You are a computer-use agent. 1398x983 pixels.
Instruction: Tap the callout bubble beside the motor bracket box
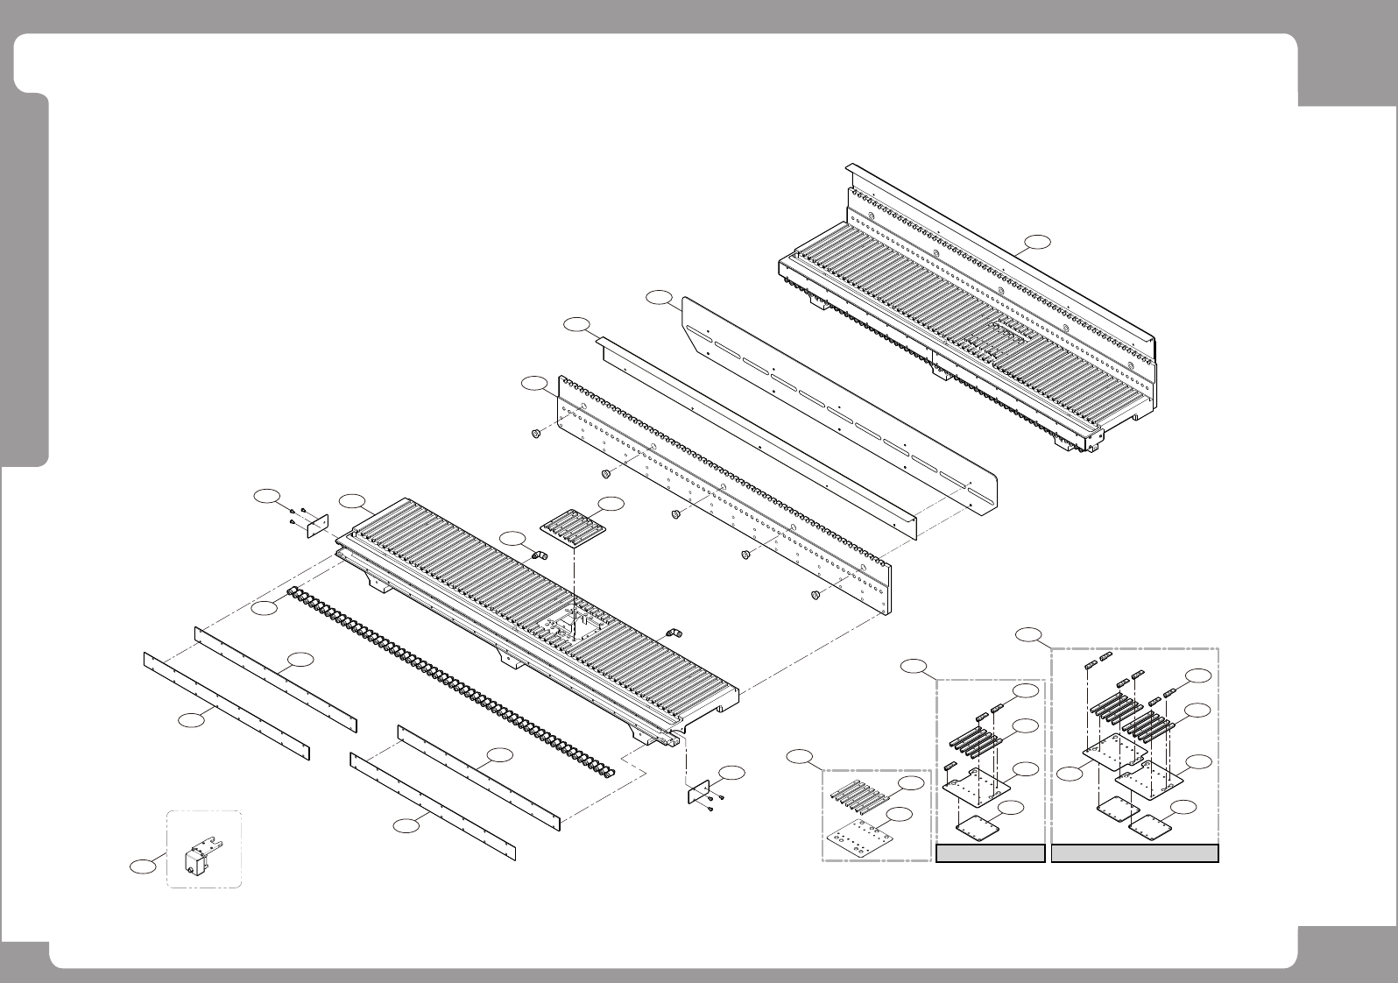coord(140,866)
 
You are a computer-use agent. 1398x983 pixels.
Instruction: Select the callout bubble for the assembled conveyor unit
coord(1037,242)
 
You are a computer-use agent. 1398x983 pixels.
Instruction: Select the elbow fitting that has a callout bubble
coord(540,555)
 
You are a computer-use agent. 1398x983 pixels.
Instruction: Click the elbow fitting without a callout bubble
coord(674,632)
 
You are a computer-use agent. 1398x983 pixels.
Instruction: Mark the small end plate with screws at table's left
coord(316,525)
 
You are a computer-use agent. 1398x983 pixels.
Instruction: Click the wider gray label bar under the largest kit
coord(1134,853)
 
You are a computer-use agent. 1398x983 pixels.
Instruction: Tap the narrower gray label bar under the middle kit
coord(991,853)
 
